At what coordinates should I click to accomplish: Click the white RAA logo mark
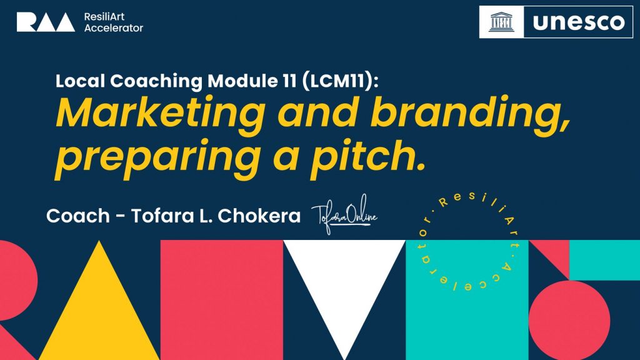point(46,22)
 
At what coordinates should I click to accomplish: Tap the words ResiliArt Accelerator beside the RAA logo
point(114,22)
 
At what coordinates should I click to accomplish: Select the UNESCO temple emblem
point(502,22)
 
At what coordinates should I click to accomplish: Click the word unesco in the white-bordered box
point(578,22)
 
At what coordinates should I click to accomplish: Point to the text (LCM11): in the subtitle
point(341,81)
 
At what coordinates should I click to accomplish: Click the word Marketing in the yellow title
point(161,114)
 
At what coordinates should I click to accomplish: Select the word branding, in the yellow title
point(469,114)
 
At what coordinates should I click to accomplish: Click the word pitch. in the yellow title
point(367,157)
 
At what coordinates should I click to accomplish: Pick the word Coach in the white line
point(78,216)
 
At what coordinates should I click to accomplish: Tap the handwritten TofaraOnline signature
point(344,214)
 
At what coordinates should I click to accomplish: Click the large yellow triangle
point(99,300)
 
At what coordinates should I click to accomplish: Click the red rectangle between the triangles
point(222,300)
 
